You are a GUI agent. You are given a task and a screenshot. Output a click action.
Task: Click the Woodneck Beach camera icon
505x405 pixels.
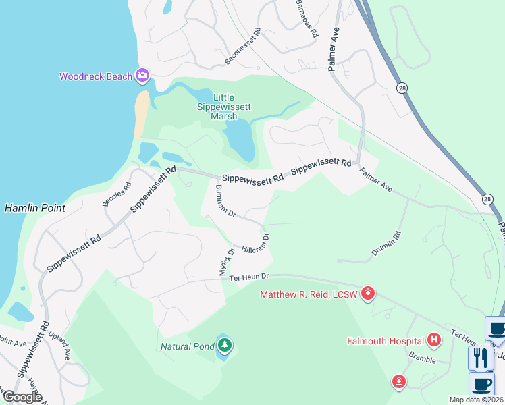(142, 76)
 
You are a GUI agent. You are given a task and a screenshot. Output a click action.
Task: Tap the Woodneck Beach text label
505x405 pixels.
(96, 76)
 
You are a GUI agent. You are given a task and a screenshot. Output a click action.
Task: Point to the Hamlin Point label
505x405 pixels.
(35, 208)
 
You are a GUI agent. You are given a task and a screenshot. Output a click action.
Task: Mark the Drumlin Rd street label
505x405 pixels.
(386, 244)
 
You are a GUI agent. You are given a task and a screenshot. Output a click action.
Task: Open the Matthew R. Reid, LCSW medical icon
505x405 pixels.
(368, 293)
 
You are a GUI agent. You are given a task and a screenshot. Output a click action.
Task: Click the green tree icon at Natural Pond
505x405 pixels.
(224, 346)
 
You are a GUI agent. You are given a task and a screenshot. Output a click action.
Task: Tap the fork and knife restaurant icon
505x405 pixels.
(481, 357)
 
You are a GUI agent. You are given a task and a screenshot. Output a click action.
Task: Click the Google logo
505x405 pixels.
(22, 396)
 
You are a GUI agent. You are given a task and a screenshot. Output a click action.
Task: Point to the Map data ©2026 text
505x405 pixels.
(475, 400)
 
